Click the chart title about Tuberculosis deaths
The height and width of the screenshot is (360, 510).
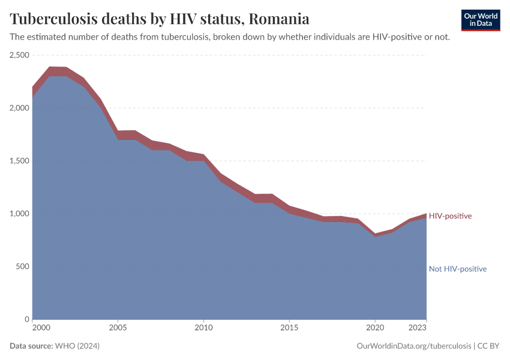tap(160, 19)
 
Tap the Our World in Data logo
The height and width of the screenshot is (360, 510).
tap(480, 20)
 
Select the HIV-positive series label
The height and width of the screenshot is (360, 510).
tap(450, 216)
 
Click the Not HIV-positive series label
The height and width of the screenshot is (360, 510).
tap(457, 269)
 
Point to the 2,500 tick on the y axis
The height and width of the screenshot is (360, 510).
tap(19, 55)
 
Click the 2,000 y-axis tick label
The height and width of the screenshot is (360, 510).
tap(19, 108)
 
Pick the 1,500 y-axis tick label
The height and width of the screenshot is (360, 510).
tap(19, 161)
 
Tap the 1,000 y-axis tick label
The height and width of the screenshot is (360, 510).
tap(19, 214)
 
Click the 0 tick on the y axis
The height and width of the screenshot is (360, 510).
tap(26, 319)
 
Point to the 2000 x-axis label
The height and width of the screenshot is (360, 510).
tap(41, 328)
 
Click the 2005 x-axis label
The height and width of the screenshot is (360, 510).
tap(118, 328)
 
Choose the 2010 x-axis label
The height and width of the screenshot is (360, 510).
tap(204, 328)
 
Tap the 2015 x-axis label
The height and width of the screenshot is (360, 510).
tap(289, 328)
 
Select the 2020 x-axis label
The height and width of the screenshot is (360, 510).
tap(375, 328)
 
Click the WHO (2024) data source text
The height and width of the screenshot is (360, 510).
tap(77, 346)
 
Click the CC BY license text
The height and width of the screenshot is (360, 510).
tap(488, 346)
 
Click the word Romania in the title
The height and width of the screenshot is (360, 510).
tap(279, 19)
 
